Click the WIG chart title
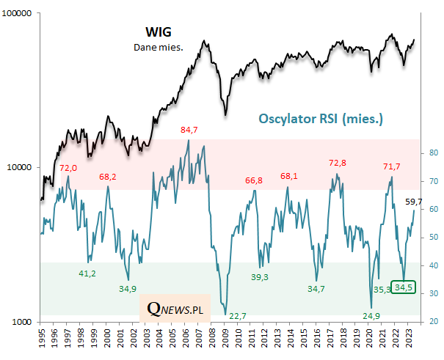[157, 32]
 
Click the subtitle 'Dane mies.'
[158, 47]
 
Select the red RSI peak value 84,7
[189, 131]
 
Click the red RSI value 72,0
[68, 168]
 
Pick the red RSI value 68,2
[107, 177]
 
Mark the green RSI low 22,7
[238, 316]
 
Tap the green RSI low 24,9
[371, 316]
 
